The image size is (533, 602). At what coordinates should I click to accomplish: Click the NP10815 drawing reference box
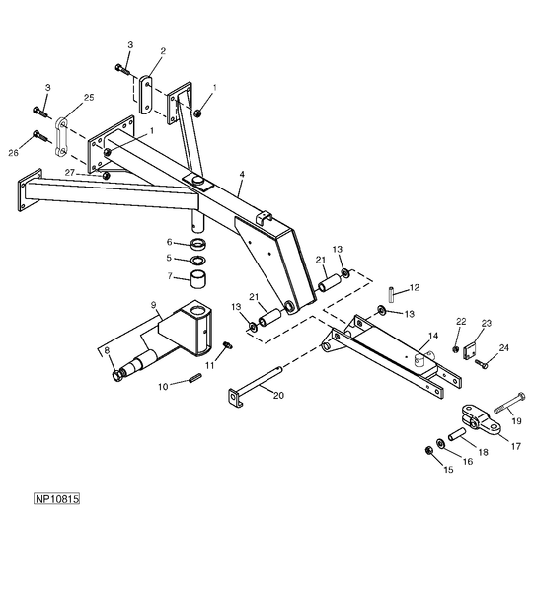(x=57, y=498)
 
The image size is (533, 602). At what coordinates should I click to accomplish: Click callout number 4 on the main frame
(x=242, y=175)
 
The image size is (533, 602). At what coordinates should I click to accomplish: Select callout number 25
(x=89, y=97)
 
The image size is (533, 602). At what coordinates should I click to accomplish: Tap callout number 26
(x=13, y=153)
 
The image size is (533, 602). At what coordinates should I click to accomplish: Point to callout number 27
(x=69, y=173)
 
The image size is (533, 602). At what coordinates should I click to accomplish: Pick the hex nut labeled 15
(x=429, y=450)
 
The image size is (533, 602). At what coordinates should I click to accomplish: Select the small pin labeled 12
(x=391, y=294)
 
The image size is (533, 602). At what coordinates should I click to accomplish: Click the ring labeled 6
(x=198, y=244)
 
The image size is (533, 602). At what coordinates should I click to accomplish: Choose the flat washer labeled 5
(x=198, y=260)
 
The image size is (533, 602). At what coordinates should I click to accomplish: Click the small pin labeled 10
(x=195, y=378)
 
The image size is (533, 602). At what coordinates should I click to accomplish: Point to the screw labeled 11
(x=228, y=345)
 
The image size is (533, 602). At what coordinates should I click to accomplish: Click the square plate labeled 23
(x=470, y=351)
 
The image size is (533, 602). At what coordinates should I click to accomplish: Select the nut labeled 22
(x=455, y=349)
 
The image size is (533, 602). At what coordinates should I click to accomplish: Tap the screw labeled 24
(x=482, y=363)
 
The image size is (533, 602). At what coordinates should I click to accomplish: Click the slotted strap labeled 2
(x=146, y=95)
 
